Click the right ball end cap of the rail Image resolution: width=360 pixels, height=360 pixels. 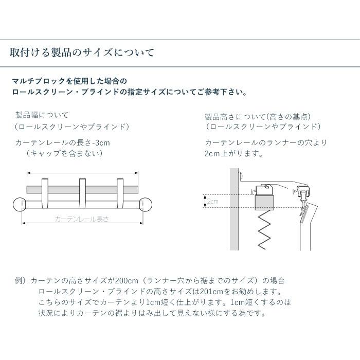[147, 204]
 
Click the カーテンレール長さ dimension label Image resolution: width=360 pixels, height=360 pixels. [82, 219]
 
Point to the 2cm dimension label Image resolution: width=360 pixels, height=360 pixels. [212, 202]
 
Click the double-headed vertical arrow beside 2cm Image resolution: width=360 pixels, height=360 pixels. [205, 202]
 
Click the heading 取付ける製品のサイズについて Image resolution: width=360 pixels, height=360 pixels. [82, 53]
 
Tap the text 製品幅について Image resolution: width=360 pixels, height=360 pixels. [42, 115]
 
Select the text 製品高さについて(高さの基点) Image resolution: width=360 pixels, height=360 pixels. [258, 117]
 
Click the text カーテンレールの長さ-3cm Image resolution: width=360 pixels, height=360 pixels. [63, 142]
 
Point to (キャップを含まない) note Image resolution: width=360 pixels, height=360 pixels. [64, 153]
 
